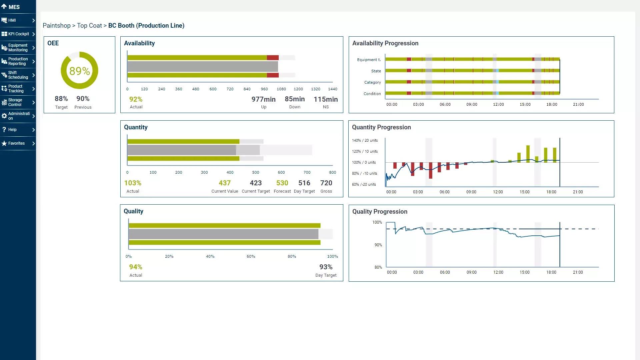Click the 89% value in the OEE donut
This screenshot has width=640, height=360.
tap(79, 71)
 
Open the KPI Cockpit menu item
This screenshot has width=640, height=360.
tap(18, 34)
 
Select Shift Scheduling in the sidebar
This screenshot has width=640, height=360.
tap(18, 75)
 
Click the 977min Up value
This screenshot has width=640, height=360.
tap(263, 99)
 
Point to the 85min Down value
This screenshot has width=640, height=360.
tap(295, 99)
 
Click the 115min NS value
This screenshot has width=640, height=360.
tap(326, 99)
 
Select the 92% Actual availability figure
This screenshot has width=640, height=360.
tap(136, 99)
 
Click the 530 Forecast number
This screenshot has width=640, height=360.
tap(282, 183)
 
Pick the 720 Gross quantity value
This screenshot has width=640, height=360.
tap(326, 183)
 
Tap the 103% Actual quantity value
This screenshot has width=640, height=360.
tap(133, 183)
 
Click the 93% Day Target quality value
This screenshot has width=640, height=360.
tap(326, 267)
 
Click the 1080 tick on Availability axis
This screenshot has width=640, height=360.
tap(281, 89)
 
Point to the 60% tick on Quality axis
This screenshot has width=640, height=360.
tap(251, 256)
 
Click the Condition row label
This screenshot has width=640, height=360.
tap(372, 94)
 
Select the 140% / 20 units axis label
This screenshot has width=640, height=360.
tap(365, 140)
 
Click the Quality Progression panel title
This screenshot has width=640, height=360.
tap(380, 212)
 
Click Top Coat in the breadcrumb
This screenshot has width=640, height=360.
tap(89, 26)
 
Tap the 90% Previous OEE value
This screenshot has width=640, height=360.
tap(83, 99)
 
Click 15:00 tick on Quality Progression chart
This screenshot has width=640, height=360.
tap(524, 272)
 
